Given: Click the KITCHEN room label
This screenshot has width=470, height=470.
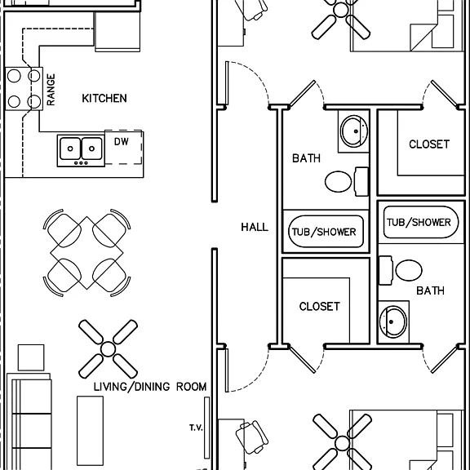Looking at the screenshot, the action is coord(104,98).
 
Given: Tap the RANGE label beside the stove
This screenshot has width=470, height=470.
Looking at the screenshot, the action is coord(51,90).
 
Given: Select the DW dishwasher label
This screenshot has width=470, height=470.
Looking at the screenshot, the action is coord(122,141).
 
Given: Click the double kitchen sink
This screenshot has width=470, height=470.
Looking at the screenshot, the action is coord(81,151).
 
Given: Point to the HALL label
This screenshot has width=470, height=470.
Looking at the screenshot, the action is coord(255,227).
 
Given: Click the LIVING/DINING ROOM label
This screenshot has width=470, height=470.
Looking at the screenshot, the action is coord(150,387).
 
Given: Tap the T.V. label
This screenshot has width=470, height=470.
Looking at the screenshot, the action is coord(196,428).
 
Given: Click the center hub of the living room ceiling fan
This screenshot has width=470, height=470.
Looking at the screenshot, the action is coord(108,349).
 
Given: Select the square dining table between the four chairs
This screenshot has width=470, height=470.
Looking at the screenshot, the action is coord(86,253).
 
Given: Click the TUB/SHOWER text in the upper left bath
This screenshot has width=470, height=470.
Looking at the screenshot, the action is coord(324,232).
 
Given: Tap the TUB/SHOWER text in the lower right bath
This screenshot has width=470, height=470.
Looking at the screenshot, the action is coord(419,223).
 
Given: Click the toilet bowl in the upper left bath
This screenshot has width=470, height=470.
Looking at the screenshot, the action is coord(338,181).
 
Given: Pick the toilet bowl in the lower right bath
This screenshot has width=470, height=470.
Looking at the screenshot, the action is coord(409,270).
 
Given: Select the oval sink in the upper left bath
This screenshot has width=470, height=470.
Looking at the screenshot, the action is coord(354,131).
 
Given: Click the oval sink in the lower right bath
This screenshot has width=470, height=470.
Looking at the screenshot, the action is coord(393,321).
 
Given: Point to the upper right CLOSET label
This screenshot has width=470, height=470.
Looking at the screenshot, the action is coord(429,144).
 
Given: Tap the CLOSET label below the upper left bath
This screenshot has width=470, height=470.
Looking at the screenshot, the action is coord(320,306).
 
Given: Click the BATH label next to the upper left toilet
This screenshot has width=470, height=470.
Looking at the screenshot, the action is coord(306,158).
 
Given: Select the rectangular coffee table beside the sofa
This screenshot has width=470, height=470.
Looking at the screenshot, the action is coord(91,431).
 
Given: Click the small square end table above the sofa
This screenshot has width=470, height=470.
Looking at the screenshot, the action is coord(31,357).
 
